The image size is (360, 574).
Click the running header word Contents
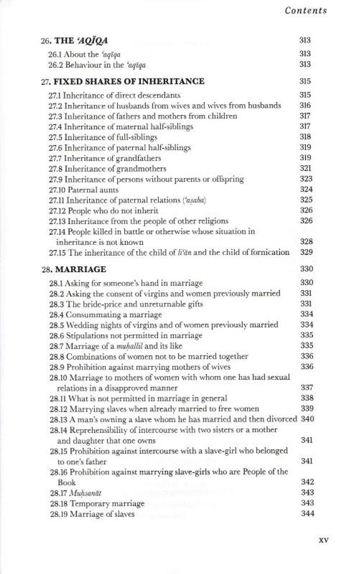306,10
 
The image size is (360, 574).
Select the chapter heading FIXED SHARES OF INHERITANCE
129,81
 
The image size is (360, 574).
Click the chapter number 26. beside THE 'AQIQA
46,40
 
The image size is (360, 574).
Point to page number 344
307,514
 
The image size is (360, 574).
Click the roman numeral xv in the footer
323,540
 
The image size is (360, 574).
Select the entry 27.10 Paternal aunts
84,190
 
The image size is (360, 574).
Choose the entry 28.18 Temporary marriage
97,503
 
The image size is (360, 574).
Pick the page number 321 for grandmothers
306,168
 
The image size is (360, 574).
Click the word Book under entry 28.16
67,483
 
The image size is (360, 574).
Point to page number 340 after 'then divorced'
307,419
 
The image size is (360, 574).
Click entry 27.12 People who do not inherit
103,210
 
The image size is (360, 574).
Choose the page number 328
306,241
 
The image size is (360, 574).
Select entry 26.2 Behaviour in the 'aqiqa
97,64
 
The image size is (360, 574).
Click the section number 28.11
58,398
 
